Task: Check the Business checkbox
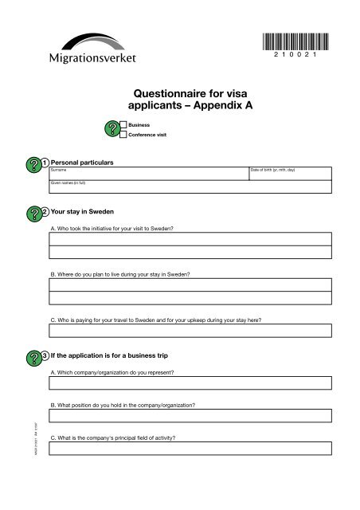click(123, 125)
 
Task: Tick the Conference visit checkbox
click(123, 135)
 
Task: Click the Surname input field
click(147, 175)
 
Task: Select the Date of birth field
click(288, 175)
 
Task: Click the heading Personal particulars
click(81, 163)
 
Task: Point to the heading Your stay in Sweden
click(82, 212)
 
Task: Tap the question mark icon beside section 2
click(33, 213)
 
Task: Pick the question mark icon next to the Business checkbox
click(111, 130)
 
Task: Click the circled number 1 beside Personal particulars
click(45, 163)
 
